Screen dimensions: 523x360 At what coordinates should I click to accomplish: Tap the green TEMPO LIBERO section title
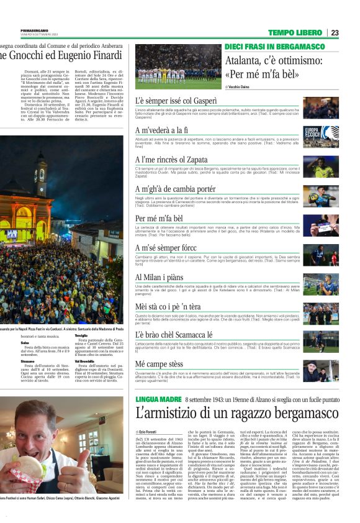click(x=295, y=32)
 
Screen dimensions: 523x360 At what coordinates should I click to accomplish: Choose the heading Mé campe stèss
click(x=159, y=363)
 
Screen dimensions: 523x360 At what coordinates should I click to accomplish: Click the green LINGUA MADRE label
click(x=158, y=399)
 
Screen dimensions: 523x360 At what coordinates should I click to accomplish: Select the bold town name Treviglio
click(x=81, y=335)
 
